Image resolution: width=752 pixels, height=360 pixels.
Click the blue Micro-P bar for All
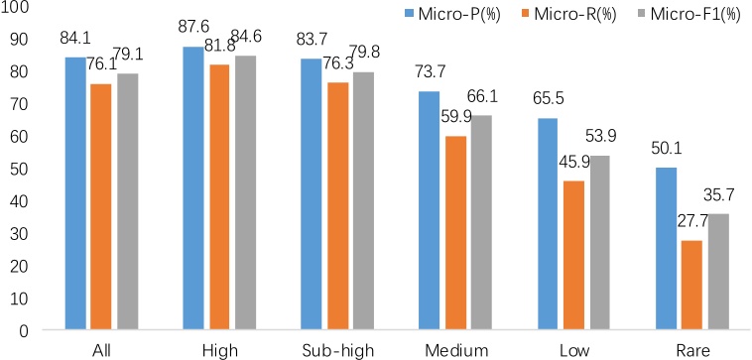[x=75, y=193]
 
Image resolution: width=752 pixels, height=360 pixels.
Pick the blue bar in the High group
[x=193, y=188]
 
